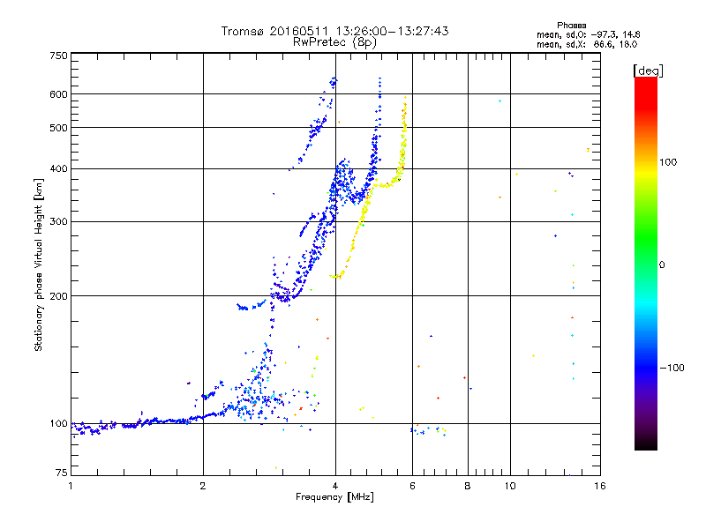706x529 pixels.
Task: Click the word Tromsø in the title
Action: coord(241,31)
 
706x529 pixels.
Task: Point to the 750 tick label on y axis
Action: coord(58,56)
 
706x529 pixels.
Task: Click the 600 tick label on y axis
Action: coord(58,94)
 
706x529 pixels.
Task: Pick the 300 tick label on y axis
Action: coord(58,221)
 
